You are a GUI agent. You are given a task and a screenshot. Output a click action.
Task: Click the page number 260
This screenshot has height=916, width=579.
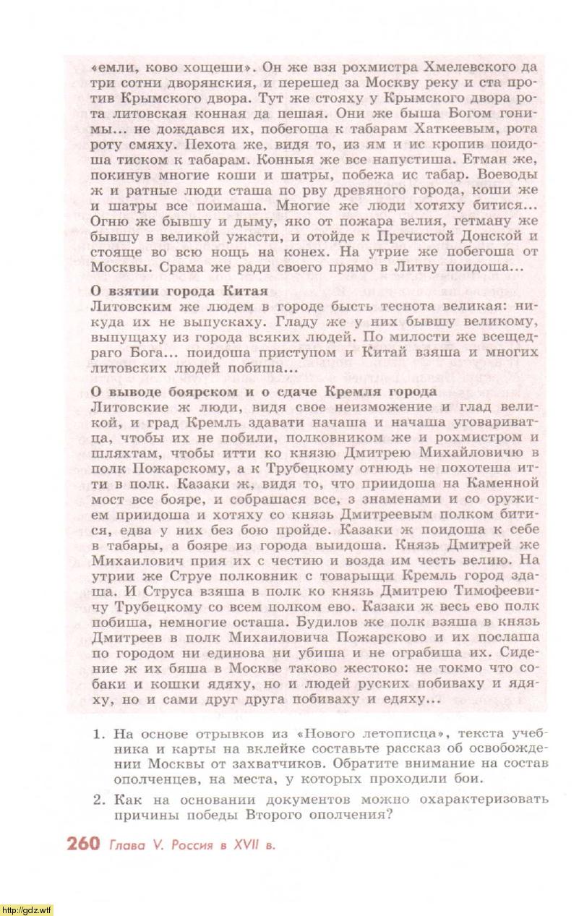(82, 844)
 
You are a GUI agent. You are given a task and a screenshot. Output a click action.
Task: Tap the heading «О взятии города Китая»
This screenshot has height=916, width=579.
(179, 291)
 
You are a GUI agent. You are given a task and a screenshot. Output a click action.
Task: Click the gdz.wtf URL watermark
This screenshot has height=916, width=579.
(27, 909)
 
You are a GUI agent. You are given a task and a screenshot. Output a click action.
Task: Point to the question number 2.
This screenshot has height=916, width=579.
(99, 799)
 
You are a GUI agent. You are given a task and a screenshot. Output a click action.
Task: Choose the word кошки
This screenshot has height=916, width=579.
(174, 684)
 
